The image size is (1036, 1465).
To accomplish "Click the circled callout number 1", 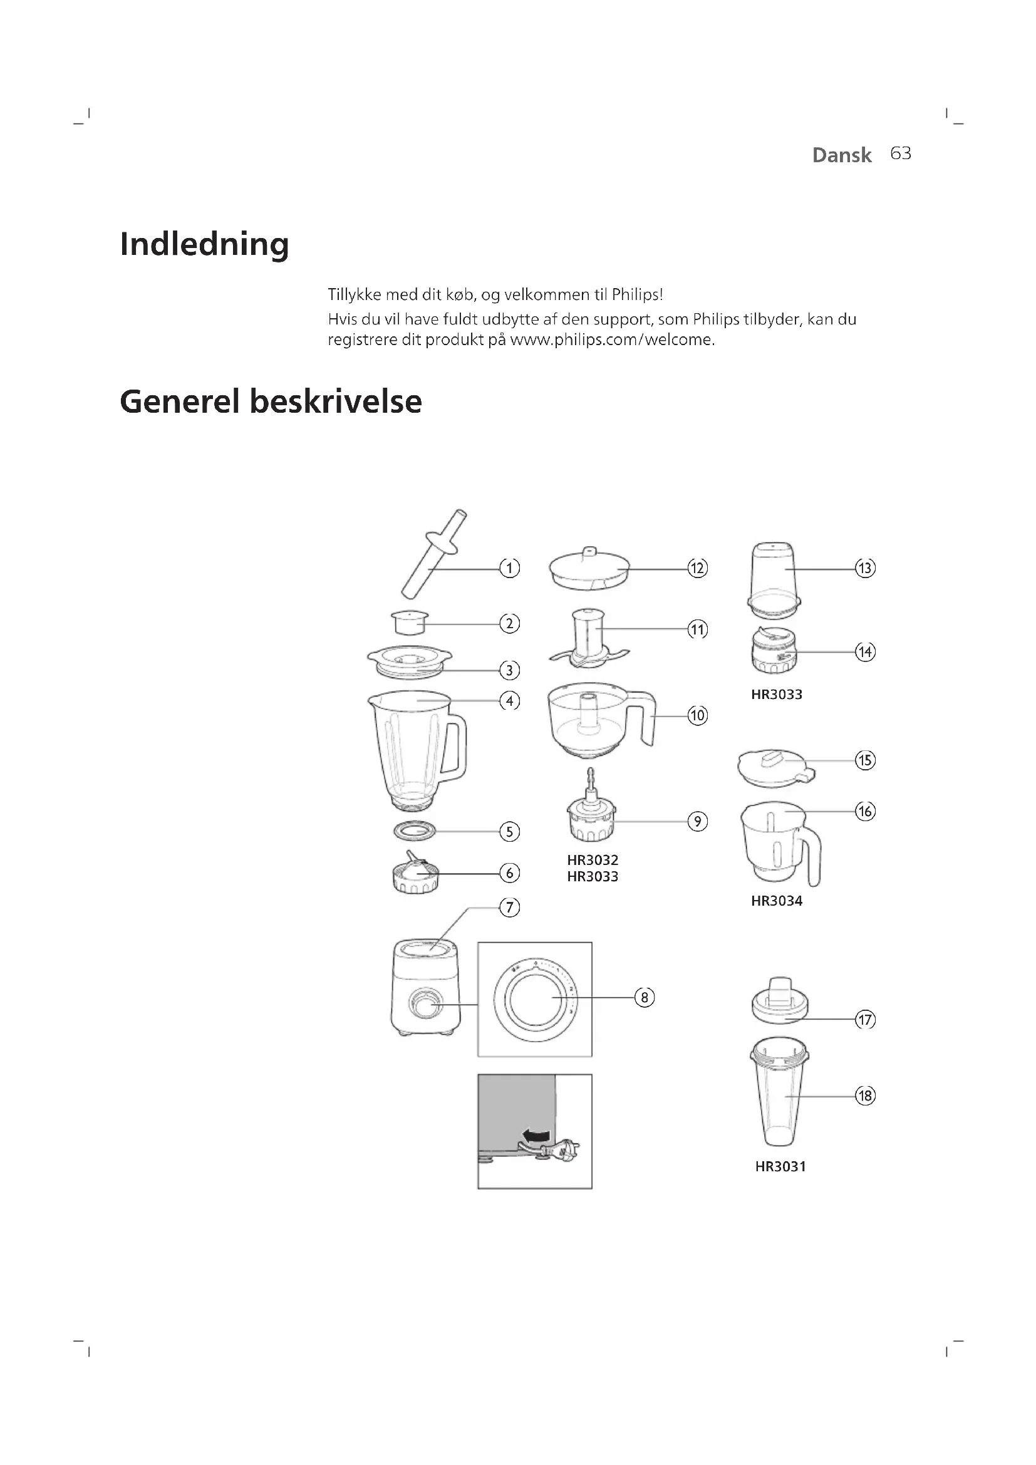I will pyautogui.click(x=509, y=568).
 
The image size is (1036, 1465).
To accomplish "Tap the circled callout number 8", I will pyautogui.click(x=645, y=997).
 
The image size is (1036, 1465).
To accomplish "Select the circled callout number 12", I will pyautogui.click(x=697, y=568).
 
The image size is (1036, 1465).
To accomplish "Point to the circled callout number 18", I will pyautogui.click(x=865, y=1096).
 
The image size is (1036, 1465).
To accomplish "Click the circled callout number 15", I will pyautogui.click(x=865, y=760).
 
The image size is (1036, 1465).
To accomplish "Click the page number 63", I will pyautogui.click(x=900, y=154).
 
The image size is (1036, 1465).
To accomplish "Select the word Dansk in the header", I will pyautogui.click(x=841, y=155).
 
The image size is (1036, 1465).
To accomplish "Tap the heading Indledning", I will pyautogui.click(x=204, y=244).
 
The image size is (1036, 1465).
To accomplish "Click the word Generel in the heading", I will pyautogui.click(x=179, y=402).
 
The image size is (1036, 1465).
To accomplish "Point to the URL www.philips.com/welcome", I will pyautogui.click(x=611, y=340).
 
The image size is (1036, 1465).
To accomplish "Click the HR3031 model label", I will pyautogui.click(x=780, y=1167).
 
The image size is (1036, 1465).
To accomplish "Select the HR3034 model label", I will pyautogui.click(x=776, y=901).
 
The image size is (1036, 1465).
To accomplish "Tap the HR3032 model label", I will pyautogui.click(x=593, y=860).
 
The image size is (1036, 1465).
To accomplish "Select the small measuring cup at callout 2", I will pyautogui.click(x=409, y=623).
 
